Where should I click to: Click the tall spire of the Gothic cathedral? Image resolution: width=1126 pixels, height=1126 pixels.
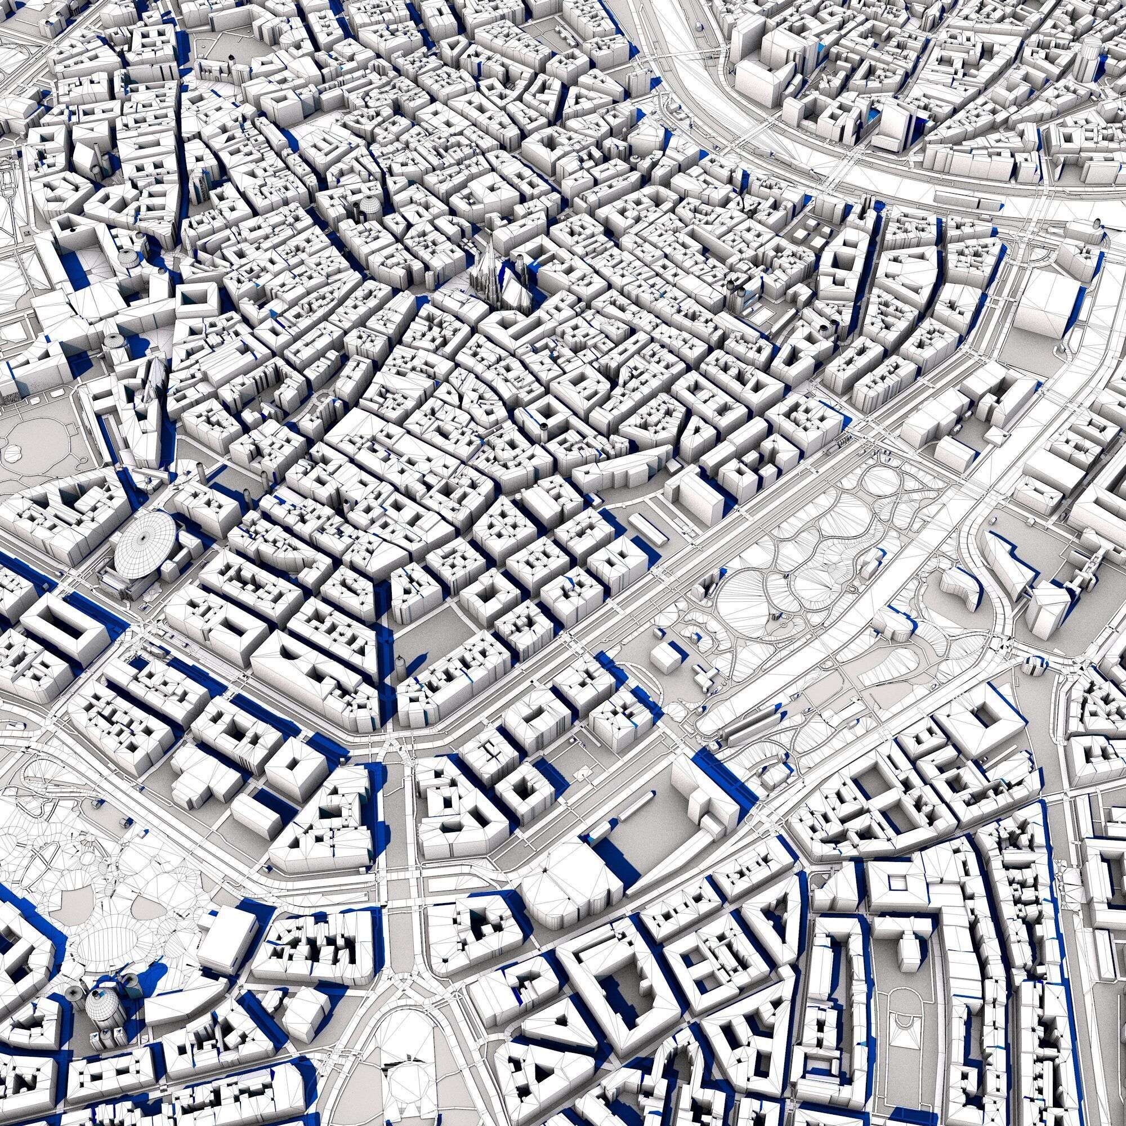point(491,260)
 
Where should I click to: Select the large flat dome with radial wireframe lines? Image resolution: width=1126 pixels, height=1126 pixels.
point(145,547)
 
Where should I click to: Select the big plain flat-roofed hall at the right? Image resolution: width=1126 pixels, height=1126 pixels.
point(1043,303)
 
